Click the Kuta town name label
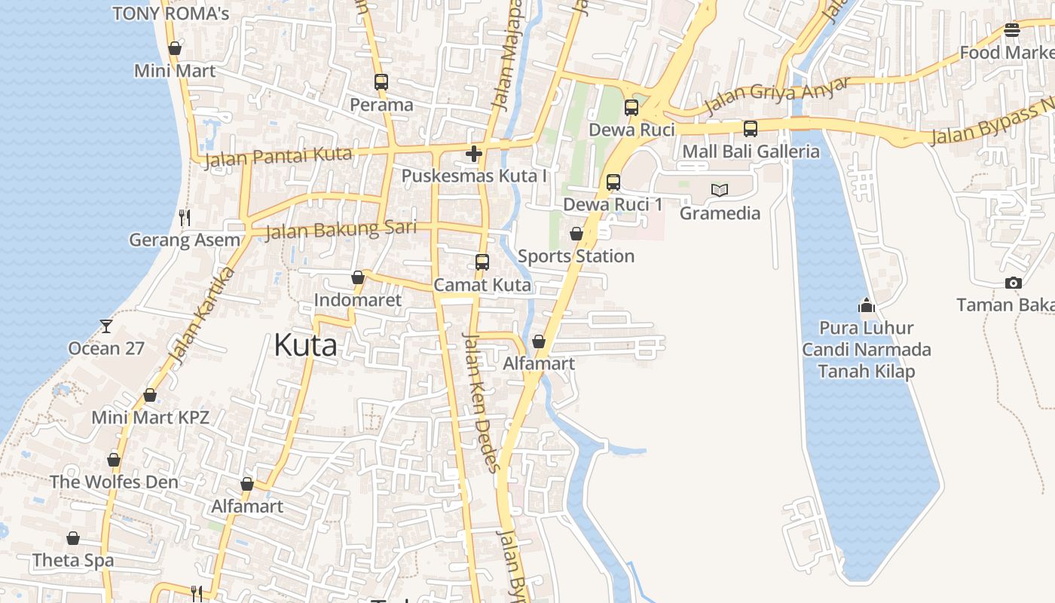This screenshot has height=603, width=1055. pos(305,345)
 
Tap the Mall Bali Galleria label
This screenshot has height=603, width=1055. pos(751,152)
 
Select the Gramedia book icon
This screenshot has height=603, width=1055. pos(720,190)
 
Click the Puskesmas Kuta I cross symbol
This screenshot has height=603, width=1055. pos(474,155)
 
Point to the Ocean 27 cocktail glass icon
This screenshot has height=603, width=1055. pos(105,326)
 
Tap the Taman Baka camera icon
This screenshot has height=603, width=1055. pos(1014,283)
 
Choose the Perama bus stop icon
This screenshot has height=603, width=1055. pos(381,82)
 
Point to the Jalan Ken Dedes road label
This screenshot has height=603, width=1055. pos(481,403)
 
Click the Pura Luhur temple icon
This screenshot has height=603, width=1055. pos(867,305)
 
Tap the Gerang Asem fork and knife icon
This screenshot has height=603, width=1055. pos(185,218)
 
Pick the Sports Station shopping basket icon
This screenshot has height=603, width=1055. pos(576,234)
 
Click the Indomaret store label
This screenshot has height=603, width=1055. pos(358,300)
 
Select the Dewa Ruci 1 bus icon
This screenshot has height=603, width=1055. pos(613,182)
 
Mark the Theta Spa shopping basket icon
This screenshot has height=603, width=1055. pos(73,538)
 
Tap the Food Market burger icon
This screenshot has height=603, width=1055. pos(1011,30)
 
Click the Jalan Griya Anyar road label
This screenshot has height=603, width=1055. pos(776,96)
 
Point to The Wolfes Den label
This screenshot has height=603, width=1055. pos(114,482)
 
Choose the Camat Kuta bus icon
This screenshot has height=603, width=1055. pos(482,262)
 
